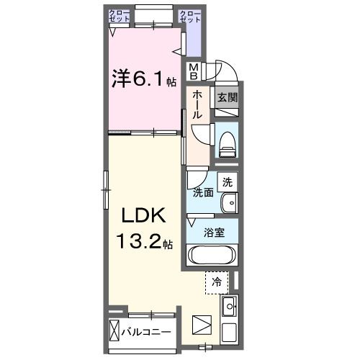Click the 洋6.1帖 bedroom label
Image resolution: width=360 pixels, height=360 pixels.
[x=142, y=78]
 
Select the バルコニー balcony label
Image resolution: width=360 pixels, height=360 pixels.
[x=150, y=332]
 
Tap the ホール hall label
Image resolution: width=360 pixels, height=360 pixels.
[x=197, y=104]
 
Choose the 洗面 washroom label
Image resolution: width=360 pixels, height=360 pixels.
[x=202, y=192]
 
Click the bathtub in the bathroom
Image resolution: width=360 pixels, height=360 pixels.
[x=212, y=255]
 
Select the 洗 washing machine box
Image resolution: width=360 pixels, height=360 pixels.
[x=228, y=183]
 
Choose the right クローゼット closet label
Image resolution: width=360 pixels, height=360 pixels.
[x=189, y=17]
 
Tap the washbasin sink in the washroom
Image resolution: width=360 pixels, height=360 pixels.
[x=228, y=204]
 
